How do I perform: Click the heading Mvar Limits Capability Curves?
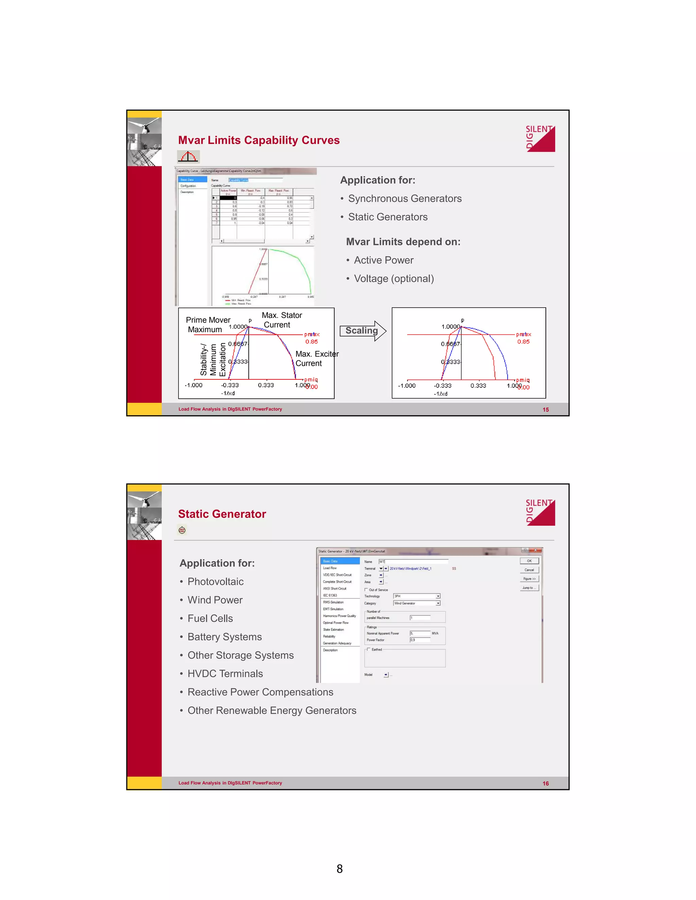(259, 140)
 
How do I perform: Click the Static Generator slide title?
(222, 514)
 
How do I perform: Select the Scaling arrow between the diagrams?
(362, 331)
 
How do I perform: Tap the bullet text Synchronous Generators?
(404, 199)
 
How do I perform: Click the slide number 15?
(545, 410)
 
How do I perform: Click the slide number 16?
(545, 784)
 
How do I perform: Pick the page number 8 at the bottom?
(340, 869)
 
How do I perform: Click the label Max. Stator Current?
(282, 320)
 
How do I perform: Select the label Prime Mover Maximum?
(207, 325)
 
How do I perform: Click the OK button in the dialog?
(529, 561)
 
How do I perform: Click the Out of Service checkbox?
(366, 590)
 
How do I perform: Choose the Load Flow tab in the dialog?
(330, 568)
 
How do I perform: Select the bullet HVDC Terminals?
(225, 674)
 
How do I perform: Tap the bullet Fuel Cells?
(210, 618)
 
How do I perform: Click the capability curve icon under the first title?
(188, 157)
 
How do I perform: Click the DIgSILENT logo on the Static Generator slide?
(540, 512)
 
